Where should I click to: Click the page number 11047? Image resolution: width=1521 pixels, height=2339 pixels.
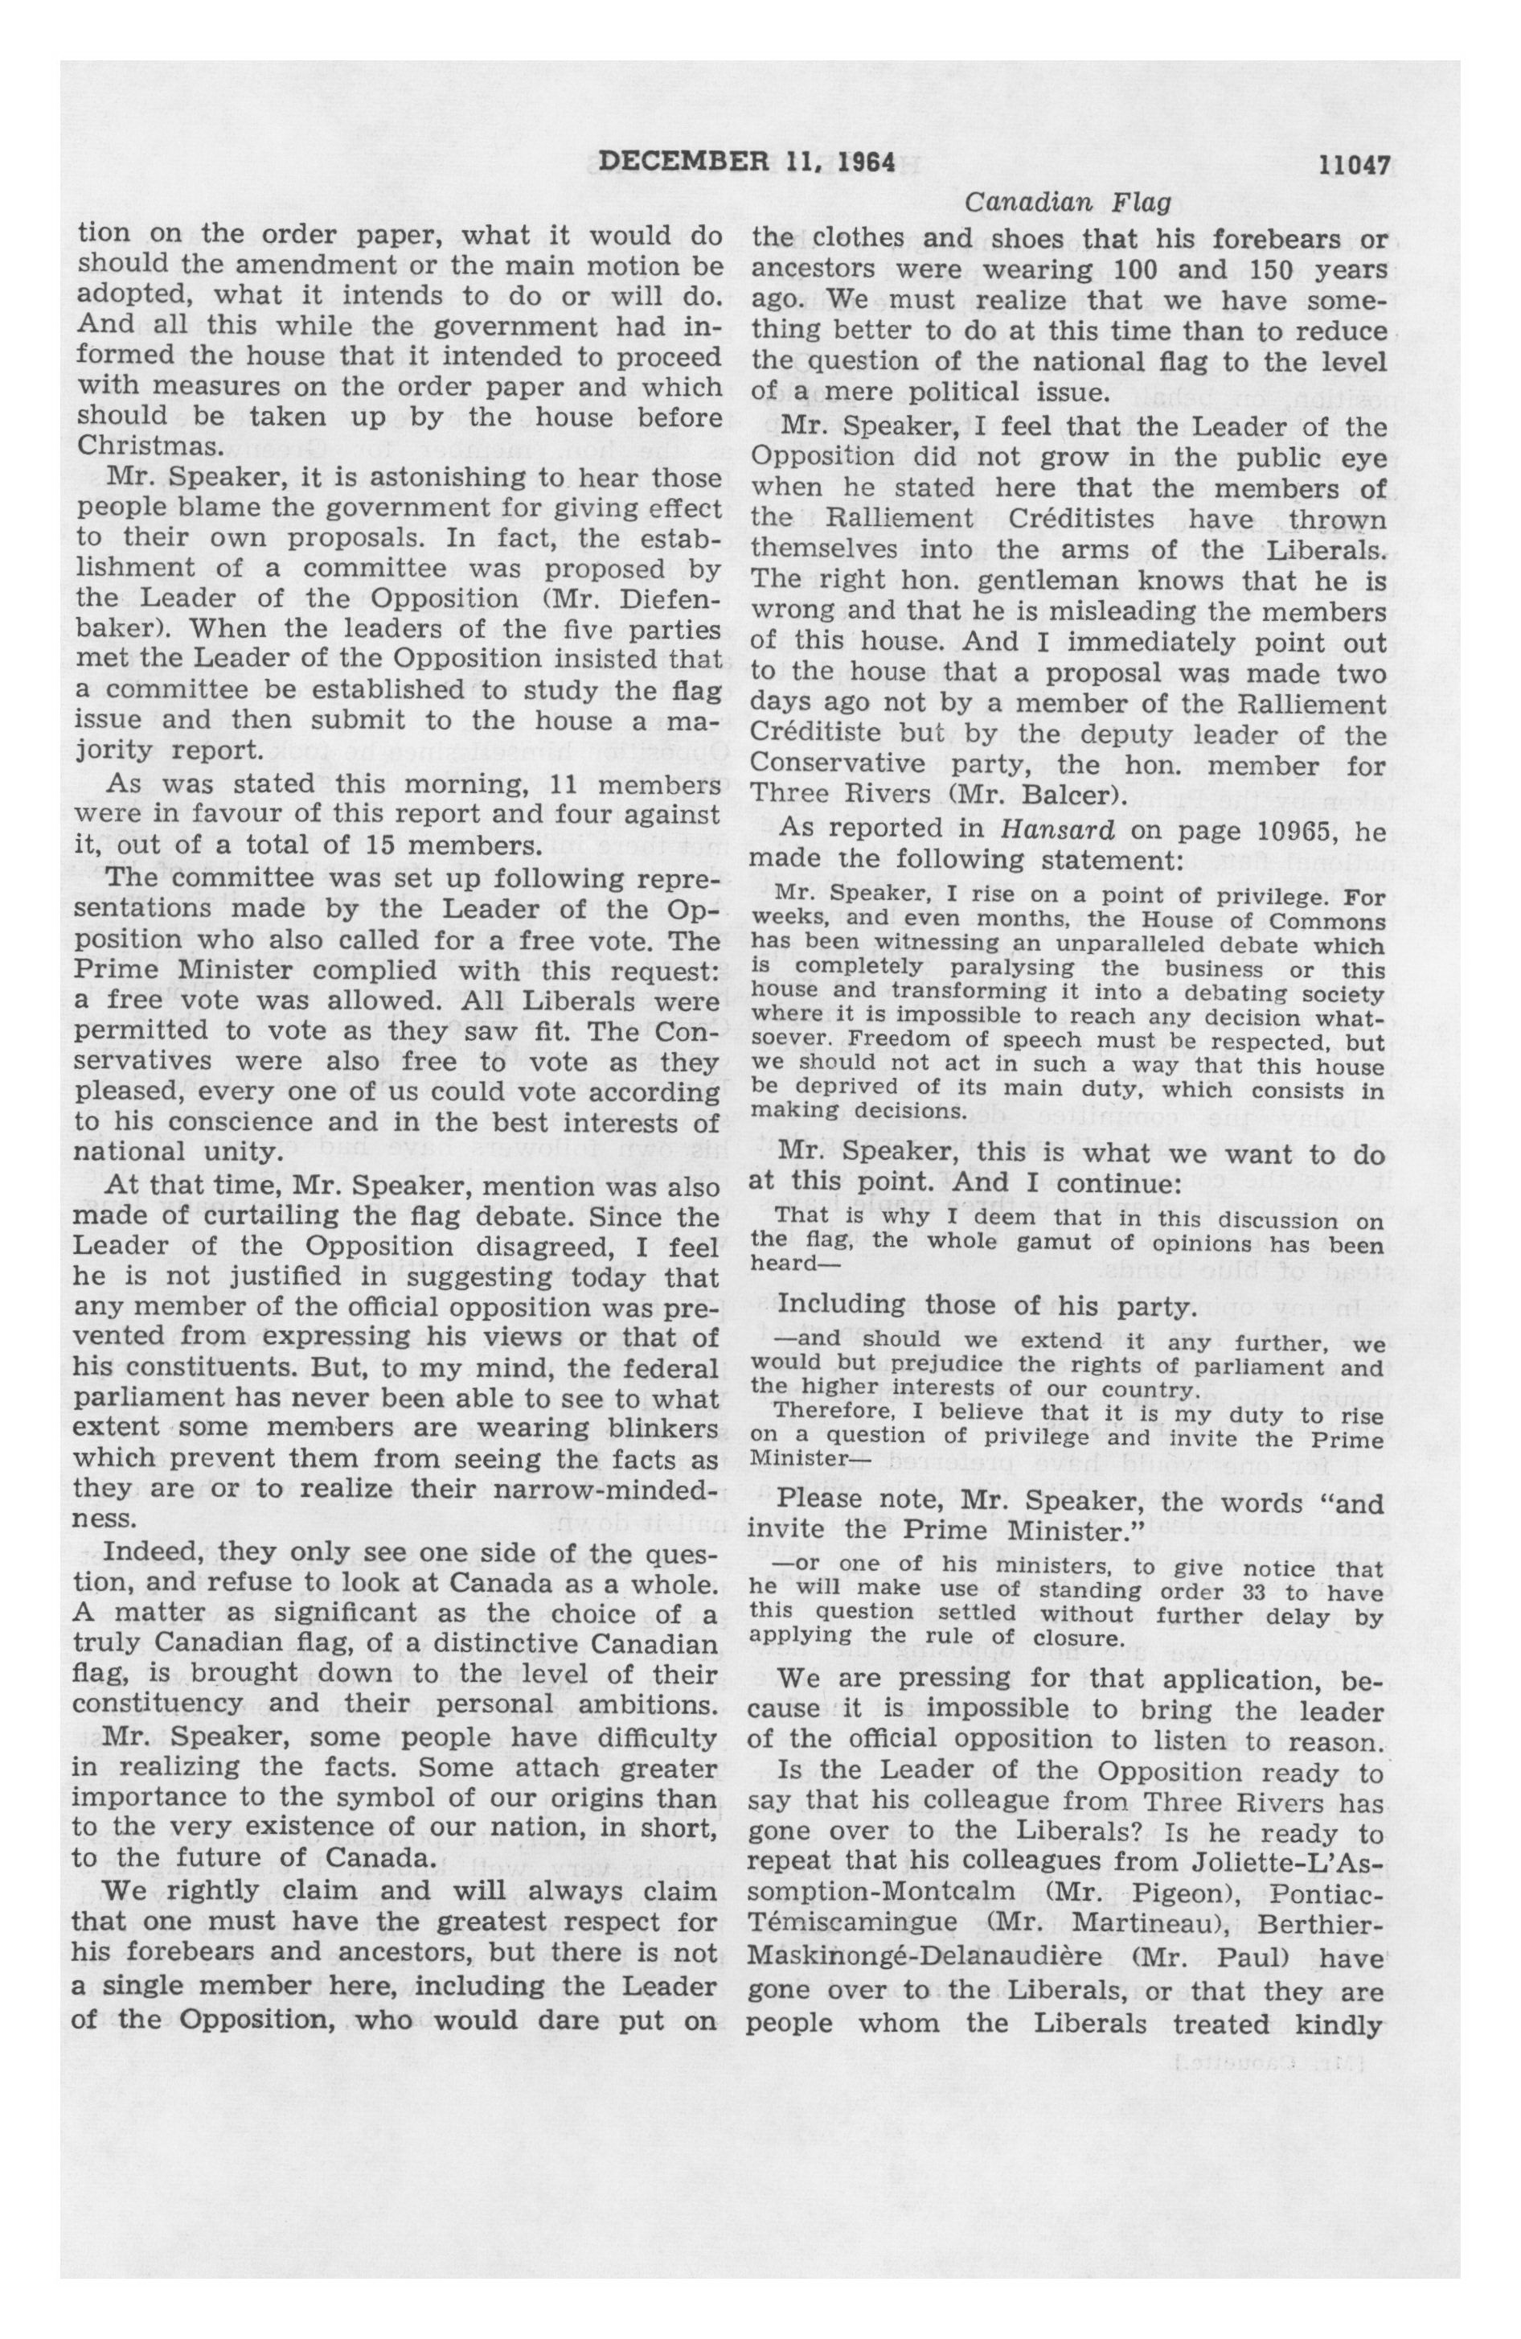coord(1353,164)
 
